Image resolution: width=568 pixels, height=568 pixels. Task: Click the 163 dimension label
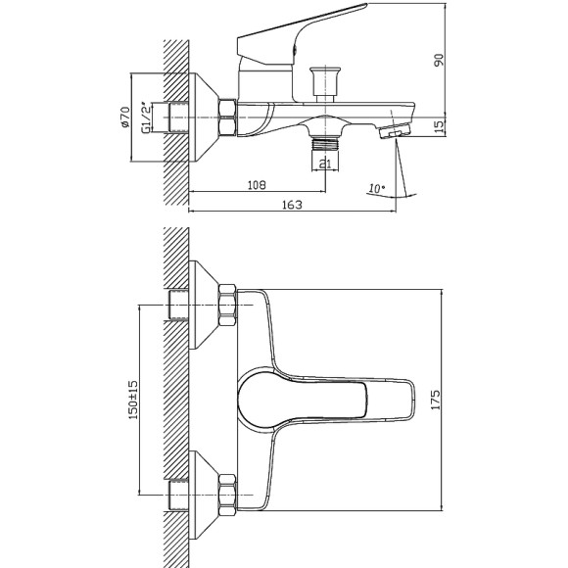(x=292, y=205)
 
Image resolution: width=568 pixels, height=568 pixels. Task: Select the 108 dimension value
(x=257, y=185)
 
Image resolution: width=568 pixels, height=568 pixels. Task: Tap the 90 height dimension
(x=439, y=60)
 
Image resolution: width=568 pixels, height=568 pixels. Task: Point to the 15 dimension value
(x=439, y=126)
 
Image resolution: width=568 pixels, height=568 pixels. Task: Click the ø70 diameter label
(x=125, y=117)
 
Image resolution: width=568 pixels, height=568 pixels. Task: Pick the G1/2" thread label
(x=146, y=118)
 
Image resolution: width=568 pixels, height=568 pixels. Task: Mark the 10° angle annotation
(x=377, y=188)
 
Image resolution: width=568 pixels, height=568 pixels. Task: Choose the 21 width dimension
(x=325, y=165)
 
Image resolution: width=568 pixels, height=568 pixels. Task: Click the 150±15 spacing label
(x=133, y=400)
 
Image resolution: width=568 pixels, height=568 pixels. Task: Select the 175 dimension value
(x=436, y=400)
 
